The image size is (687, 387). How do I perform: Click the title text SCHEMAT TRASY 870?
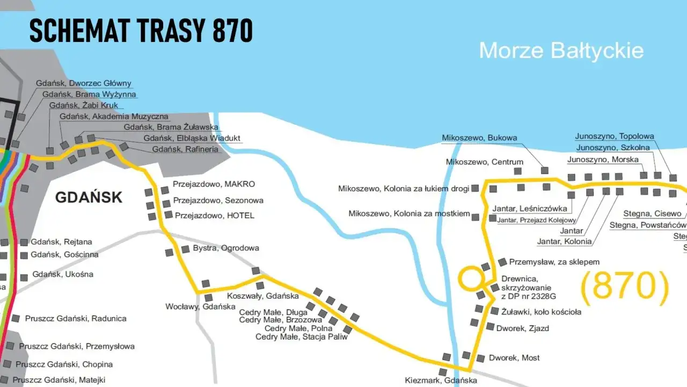coord(141,31)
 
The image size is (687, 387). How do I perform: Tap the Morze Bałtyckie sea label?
coord(561,51)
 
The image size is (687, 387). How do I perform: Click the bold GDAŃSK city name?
coord(89,197)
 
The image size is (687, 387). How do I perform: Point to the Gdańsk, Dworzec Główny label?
coord(84,83)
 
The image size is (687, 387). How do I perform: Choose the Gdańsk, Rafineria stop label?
coord(185,149)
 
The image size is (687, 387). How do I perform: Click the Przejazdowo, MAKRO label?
coord(214,184)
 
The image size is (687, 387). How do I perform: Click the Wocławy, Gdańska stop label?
coord(200,306)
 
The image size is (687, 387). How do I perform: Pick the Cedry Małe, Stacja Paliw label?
coord(301,336)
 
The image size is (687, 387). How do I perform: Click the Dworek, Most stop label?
coord(514,357)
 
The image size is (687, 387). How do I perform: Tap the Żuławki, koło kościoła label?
coord(540,311)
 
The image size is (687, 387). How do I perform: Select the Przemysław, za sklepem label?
coord(554,262)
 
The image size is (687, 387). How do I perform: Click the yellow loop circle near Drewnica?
coord(471,278)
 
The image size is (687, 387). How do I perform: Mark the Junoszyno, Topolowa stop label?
coord(614,136)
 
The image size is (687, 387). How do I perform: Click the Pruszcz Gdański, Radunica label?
coord(76,318)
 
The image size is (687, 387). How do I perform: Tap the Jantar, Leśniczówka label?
coord(529,209)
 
